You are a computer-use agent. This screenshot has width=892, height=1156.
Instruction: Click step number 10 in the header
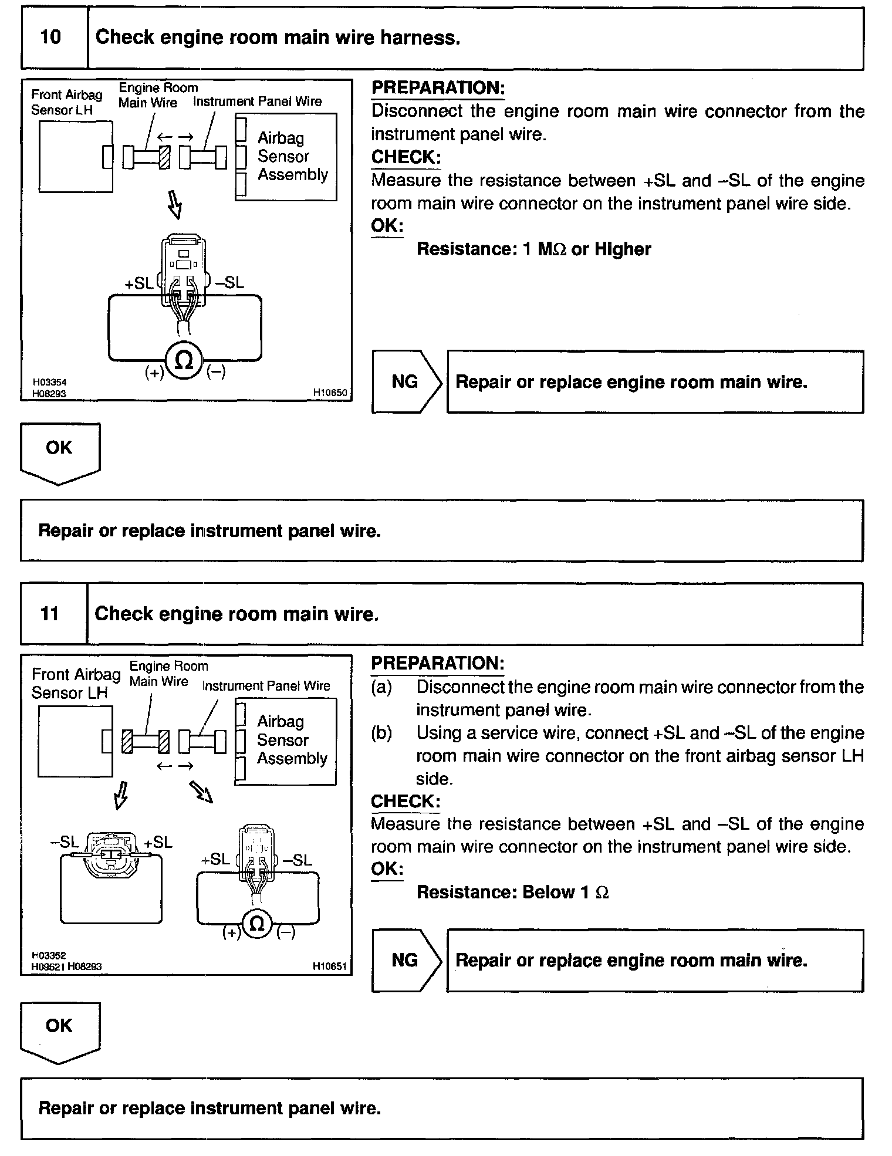(51, 38)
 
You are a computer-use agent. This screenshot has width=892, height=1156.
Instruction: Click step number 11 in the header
(50, 614)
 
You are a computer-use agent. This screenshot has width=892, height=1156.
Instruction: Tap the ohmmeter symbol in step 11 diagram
(257, 924)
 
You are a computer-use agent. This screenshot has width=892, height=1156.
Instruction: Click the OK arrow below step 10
(59, 452)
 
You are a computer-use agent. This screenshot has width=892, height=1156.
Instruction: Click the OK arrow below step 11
(59, 1030)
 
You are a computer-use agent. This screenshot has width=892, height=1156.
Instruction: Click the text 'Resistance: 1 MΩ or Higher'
(533, 249)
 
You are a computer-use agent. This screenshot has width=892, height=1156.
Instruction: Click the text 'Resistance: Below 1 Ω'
(512, 893)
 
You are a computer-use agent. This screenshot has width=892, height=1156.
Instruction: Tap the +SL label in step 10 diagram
(138, 283)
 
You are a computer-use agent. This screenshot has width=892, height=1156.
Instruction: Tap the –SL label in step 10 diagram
(229, 283)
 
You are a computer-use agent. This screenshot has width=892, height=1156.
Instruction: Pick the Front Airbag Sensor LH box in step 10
(76, 157)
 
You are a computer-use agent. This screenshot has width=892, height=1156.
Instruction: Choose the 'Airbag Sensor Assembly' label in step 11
(292, 740)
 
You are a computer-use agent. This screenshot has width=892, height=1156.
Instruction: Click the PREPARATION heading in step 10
(438, 88)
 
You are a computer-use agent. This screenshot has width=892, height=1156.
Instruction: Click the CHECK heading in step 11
(405, 802)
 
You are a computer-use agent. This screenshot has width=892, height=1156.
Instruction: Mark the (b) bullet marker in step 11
(381, 734)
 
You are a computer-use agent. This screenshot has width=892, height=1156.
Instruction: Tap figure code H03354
(49, 383)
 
